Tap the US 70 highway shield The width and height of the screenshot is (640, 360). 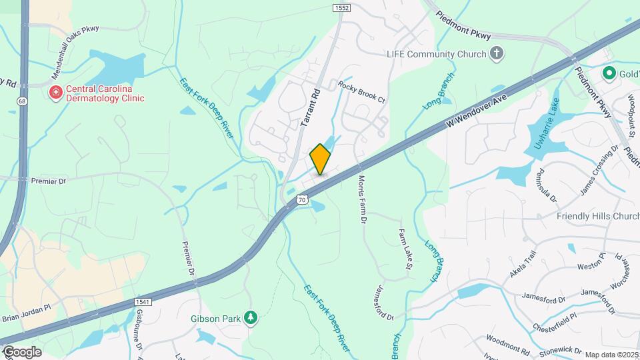coord(302,199)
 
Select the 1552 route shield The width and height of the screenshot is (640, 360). coord(342,7)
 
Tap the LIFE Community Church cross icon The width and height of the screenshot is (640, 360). coord(496,54)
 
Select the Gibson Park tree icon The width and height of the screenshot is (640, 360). coord(251,318)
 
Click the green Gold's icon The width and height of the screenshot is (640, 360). coord(608,72)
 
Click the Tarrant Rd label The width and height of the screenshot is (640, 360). coord(311,107)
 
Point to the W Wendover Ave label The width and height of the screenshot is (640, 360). coord(472,113)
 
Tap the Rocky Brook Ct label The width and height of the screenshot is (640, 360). coord(361,91)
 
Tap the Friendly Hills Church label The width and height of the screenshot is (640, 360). coord(598,217)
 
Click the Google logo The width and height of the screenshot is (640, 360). coord(22,351)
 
